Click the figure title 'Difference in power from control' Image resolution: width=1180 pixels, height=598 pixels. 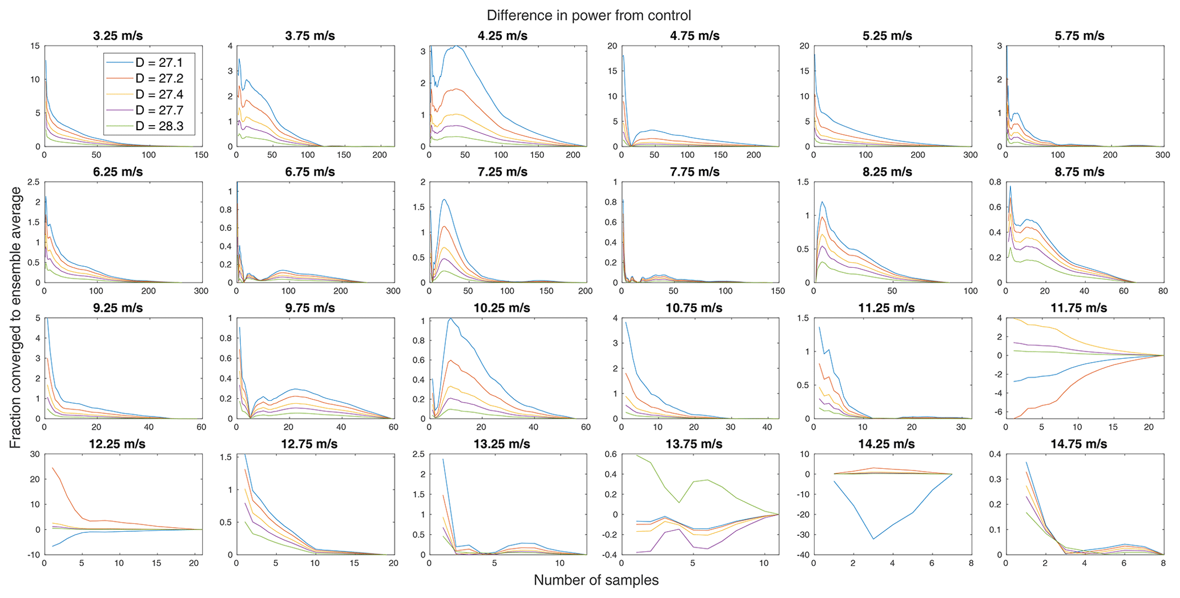pos(589,15)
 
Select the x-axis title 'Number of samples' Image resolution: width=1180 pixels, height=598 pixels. pos(595,580)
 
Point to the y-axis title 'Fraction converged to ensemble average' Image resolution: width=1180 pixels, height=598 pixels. pos(15,318)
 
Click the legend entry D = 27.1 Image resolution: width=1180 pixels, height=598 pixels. pos(159,63)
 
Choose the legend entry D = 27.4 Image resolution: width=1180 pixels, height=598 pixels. pos(159,95)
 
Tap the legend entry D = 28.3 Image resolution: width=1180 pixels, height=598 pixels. pos(159,126)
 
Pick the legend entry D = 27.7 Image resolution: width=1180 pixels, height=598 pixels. pos(159,110)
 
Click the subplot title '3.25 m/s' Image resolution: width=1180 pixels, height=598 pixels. pos(118,36)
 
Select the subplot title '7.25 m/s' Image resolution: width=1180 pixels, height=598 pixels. pos(502,172)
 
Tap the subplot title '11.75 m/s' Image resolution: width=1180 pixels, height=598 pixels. pos(1079,308)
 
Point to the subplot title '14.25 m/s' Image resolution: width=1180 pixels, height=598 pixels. pos(887,444)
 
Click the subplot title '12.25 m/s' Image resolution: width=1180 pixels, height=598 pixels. pos(118,444)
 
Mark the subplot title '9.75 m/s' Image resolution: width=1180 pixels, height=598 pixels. pos(310,308)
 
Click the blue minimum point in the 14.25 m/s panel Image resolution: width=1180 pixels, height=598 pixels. pos(873,539)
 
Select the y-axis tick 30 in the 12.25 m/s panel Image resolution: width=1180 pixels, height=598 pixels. pos(35,454)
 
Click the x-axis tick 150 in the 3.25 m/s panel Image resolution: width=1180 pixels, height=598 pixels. pos(201,155)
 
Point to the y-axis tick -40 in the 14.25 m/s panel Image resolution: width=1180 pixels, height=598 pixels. pos(802,555)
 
